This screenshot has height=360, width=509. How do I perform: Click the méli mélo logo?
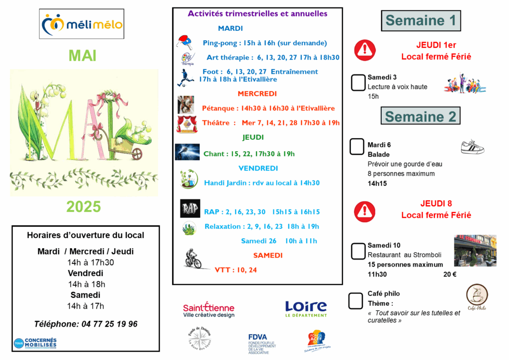(x=82, y=23)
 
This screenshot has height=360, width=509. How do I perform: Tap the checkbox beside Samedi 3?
(x=358, y=83)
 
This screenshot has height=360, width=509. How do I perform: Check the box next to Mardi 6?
(x=357, y=147)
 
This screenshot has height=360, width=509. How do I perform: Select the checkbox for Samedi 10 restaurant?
(x=358, y=251)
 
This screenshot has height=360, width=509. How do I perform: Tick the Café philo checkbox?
(x=355, y=300)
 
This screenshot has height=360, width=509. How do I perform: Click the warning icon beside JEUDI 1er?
(x=365, y=50)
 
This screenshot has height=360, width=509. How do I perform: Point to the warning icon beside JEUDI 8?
(x=365, y=211)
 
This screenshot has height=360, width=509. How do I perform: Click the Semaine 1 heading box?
(x=421, y=21)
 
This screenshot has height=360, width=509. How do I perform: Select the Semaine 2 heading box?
(x=421, y=117)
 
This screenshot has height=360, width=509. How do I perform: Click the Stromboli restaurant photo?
(x=475, y=251)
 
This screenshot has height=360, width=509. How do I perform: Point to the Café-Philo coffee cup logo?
(x=477, y=297)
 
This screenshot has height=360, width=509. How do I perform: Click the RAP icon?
(x=190, y=209)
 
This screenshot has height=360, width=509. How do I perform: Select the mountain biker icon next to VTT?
(x=191, y=260)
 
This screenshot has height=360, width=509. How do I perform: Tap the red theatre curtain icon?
(x=187, y=124)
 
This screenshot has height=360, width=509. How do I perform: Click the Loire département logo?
(x=306, y=309)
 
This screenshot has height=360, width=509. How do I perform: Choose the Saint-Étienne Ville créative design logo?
(x=209, y=310)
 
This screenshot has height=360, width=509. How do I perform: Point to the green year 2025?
(x=84, y=206)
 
